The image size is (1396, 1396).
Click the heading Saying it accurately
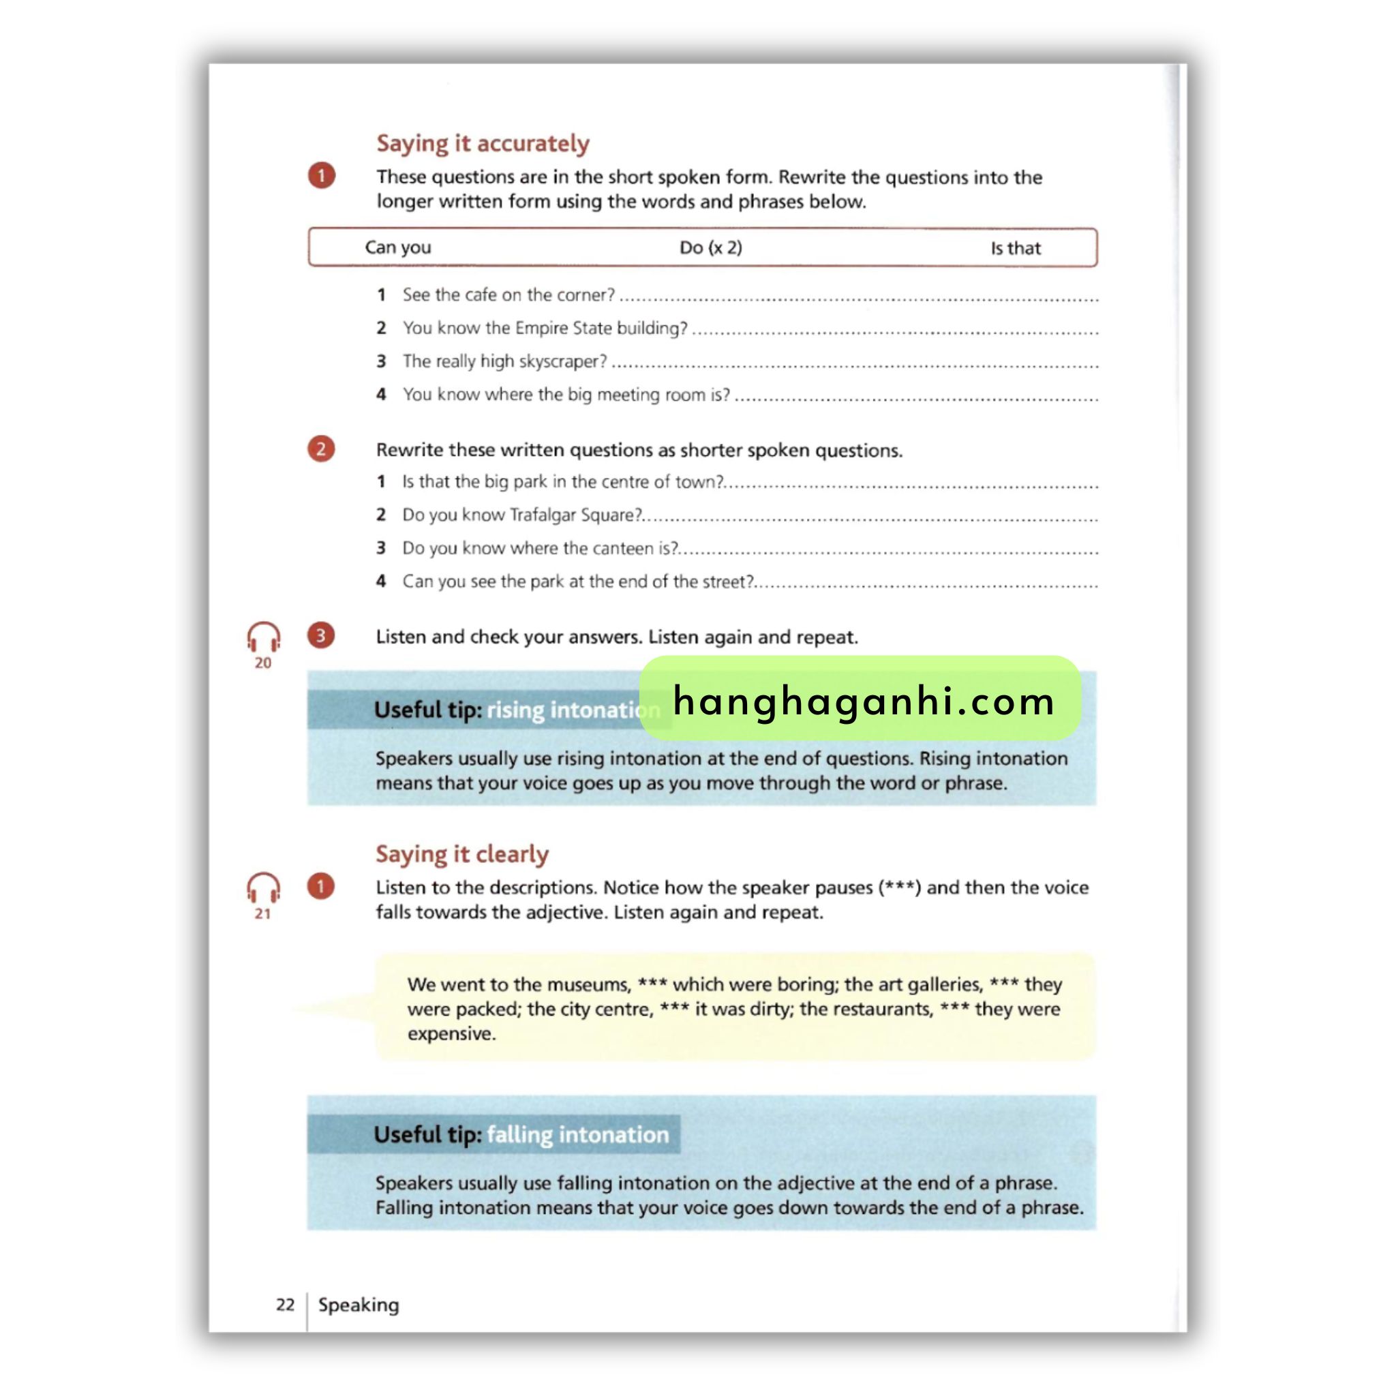[483, 143]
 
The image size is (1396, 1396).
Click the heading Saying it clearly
[461, 854]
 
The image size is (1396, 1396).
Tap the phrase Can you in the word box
[397, 247]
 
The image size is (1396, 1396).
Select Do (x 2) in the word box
[710, 248]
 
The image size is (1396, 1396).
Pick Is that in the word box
[1015, 249]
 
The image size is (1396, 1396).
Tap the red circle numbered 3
[321, 636]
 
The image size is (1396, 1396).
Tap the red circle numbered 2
[321, 449]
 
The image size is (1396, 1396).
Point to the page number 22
[286, 1304]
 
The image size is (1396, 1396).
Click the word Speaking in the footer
[359, 1305]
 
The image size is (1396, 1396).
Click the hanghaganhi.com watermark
[863, 700]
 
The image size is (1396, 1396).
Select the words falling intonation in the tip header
[577, 1134]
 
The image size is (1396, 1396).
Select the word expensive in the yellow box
[451, 1033]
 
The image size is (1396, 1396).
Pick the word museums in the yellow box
[590, 984]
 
